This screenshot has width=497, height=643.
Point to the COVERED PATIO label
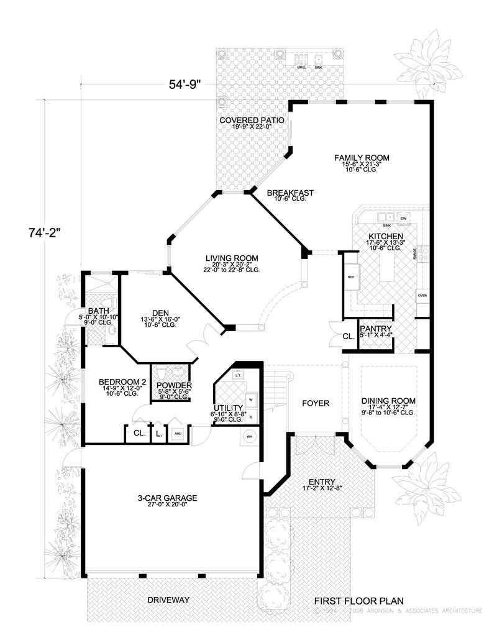tap(252, 120)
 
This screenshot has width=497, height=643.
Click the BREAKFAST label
tap(290, 193)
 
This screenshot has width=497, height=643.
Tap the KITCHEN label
tap(386, 237)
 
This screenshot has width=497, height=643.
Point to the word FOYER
tap(316, 403)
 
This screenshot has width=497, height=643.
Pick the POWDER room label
tap(174, 386)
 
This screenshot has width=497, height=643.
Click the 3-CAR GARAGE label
tap(168, 498)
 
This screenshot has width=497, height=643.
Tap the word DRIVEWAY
tap(168, 601)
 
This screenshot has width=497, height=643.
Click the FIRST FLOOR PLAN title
tap(358, 601)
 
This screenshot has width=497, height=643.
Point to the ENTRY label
tap(321, 482)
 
